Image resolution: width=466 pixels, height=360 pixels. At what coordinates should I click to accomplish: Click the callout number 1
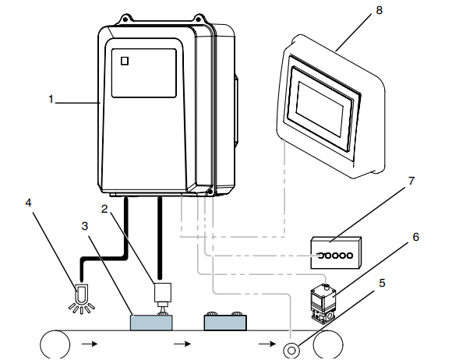51,99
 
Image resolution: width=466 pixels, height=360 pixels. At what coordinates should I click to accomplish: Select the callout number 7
411,181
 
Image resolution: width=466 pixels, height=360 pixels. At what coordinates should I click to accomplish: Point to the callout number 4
29,203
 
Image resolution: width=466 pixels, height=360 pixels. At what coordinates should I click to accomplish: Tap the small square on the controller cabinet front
123,61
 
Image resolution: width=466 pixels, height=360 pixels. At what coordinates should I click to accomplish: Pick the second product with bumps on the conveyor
224,320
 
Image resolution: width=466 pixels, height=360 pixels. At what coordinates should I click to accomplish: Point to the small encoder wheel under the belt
292,349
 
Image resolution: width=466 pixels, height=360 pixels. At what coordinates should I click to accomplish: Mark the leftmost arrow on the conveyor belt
92,343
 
